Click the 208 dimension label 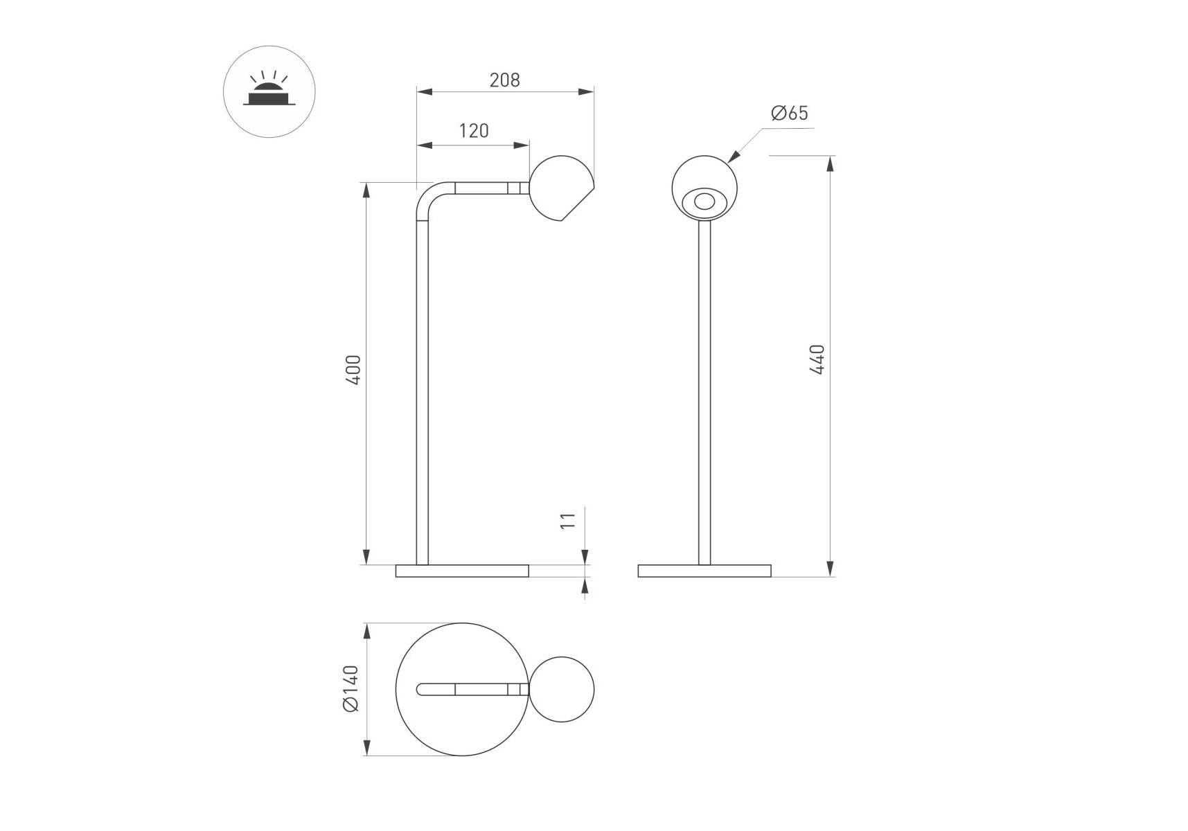pyautogui.click(x=504, y=80)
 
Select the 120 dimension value pyautogui.click(x=474, y=131)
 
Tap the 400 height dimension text pyautogui.click(x=353, y=370)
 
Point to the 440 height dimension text pyautogui.click(x=817, y=359)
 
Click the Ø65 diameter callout pyautogui.click(x=790, y=113)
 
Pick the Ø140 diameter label pyautogui.click(x=351, y=688)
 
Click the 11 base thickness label pyautogui.click(x=567, y=521)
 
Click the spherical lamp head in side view pyautogui.click(x=560, y=188)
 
